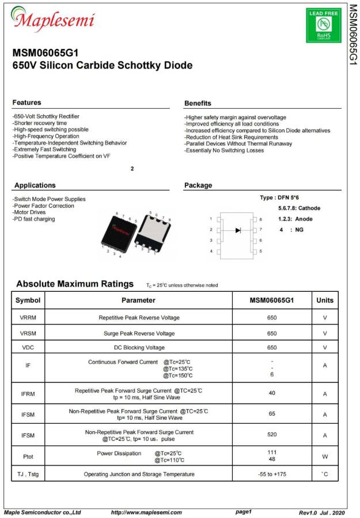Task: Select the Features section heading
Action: pyautogui.click(x=26, y=102)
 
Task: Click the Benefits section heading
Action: pyautogui.click(x=198, y=103)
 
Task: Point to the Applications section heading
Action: pyautogui.click(x=35, y=185)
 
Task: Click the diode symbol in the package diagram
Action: pyautogui.click(x=238, y=230)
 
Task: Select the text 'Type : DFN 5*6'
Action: pyautogui.click(x=279, y=197)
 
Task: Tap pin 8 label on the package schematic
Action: pyautogui.click(x=260, y=219)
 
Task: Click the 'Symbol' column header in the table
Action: pyautogui.click(x=28, y=300)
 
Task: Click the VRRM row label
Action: pyautogui.click(x=28, y=318)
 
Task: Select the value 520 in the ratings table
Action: pyautogui.click(x=272, y=435)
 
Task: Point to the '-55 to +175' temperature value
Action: pyautogui.click(x=272, y=474)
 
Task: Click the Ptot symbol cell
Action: pyautogui.click(x=28, y=456)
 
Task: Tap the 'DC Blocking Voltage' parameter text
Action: pyautogui.click(x=139, y=348)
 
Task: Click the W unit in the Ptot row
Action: pyautogui.click(x=325, y=456)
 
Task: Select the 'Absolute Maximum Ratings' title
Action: pyautogui.click(x=75, y=284)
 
